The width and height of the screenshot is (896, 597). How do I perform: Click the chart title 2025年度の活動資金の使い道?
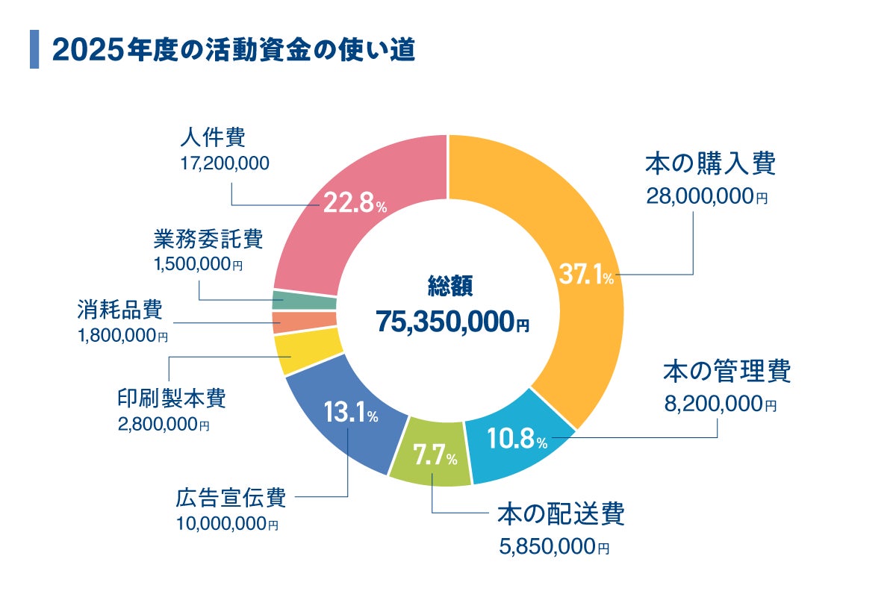coord(233,50)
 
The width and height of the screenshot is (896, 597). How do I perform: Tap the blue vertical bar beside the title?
coord(34,49)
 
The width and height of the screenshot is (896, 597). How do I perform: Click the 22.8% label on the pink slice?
coord(354,203)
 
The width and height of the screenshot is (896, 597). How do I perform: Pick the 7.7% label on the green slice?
coord(435,456)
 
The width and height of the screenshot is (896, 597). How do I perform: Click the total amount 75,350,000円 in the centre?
coord(452,321)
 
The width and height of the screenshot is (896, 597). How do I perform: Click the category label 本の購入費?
coord(709,164)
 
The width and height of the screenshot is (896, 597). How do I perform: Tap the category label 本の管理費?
coord(727,371)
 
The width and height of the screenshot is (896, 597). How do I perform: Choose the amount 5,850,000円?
coord(553,548)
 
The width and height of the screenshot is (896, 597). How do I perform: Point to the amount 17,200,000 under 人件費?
coord(224,163)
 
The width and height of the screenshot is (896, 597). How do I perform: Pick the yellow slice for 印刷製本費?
coord(307,353)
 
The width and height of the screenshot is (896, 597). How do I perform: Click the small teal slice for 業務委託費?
coord(304,301)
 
